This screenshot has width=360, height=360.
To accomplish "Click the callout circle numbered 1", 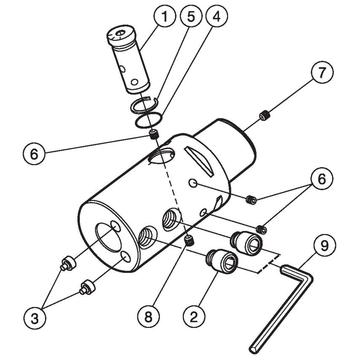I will pyautogui.click(x=165, y=17).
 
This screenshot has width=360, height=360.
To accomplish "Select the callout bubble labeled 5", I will pyautogui.click(x=191, y=17).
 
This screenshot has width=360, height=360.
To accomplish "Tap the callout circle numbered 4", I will pyautogui.click(x=217, y=17).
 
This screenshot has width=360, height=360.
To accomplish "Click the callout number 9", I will pyautogui.click(x=322, y=246).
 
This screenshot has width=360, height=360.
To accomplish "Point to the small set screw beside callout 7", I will pyautogui.click(x=265, y=114).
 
